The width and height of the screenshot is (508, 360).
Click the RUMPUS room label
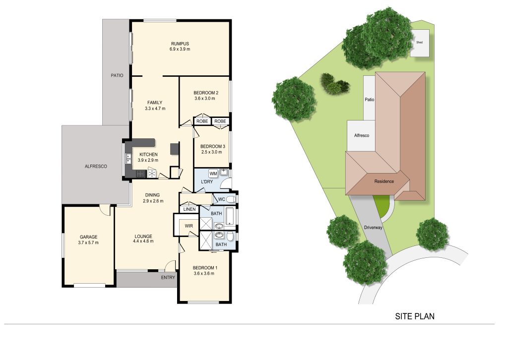[x=180, y=44]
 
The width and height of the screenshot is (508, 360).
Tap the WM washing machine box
[x=213, y=174]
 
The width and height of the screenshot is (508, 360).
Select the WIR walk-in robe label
[x=189, y=226]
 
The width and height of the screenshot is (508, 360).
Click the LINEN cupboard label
[x=190, y=209]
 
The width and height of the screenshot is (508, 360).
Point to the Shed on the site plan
[x=420, y=43]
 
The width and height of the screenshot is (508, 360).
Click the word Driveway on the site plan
[x=373, y=228]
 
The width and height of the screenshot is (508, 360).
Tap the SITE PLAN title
[x=415, y=316]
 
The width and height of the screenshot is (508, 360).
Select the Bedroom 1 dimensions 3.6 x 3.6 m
[x=204, y=274]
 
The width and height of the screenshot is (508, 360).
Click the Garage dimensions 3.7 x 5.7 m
[x=88, y=242]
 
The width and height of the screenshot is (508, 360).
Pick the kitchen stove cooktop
[x=140, y=174]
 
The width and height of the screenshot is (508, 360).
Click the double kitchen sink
[x=128, y=158]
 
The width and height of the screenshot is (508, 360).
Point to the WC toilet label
[x=221, y=199]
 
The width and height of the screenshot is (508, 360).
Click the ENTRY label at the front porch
[x=168, y=278]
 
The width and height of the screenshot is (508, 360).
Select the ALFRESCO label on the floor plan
[x=96, y=167]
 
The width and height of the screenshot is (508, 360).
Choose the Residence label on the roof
[x=384, y=181]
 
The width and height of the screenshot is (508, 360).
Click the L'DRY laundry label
[x=207, y=181]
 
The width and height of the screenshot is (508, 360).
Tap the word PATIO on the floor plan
[x=117, y=75]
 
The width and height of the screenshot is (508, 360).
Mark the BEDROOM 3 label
[x=212, y=146]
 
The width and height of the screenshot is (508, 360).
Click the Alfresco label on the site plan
[x=362, y=136]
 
